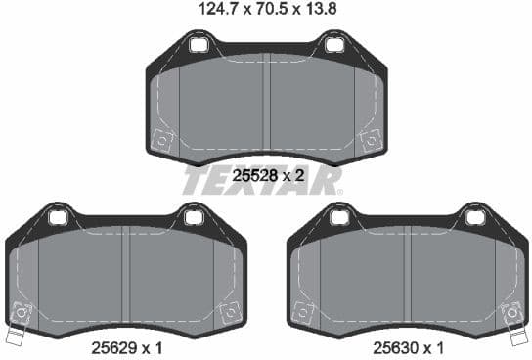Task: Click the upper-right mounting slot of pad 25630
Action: click(476, 214)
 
